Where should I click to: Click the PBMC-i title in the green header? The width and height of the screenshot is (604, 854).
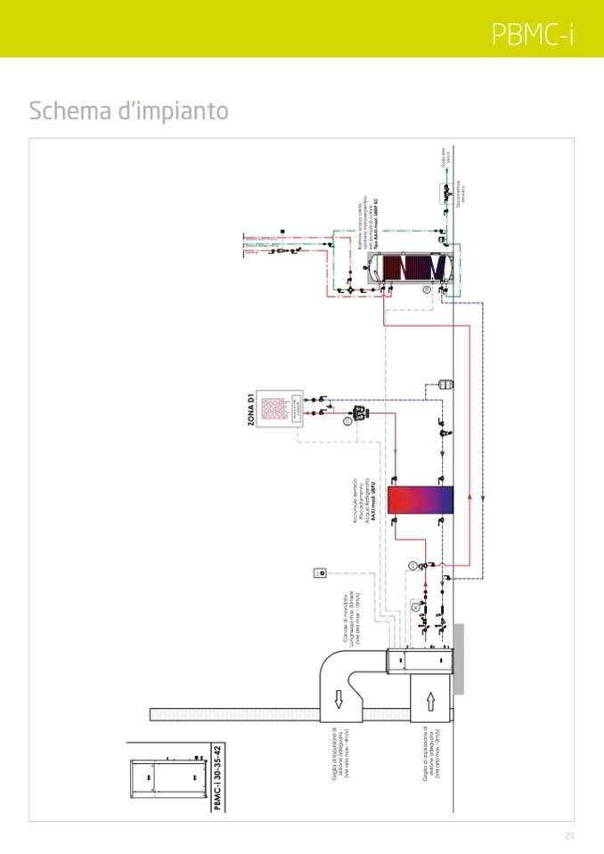532,34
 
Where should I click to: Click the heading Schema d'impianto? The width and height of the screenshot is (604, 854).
128,111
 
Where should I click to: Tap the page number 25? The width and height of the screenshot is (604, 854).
569,835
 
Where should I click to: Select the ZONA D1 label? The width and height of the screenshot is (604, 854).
252,411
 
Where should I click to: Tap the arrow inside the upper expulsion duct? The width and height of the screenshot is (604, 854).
338,701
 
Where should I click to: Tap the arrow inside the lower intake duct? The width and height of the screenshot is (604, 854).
430,701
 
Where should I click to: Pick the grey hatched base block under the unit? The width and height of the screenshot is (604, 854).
459,658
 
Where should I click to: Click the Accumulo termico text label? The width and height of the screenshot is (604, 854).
365,499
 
